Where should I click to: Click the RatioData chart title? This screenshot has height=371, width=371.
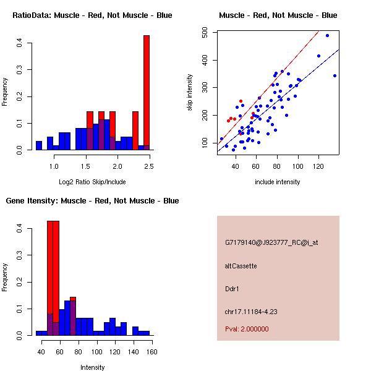(92, 15)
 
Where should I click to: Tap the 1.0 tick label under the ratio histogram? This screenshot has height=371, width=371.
(54, 166)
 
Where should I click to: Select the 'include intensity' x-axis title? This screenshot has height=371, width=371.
(278, 182)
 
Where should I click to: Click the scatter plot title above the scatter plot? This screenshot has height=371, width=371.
(278, 15)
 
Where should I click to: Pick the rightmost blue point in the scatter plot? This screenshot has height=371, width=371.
(335, 75)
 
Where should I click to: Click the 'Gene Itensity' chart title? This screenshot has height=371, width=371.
(92, 200)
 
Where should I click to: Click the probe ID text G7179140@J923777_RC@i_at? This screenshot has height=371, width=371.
(271, 243)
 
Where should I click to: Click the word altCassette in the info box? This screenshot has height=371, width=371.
(241, 266)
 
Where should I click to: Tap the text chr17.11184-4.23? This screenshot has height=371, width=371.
(250, 311)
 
